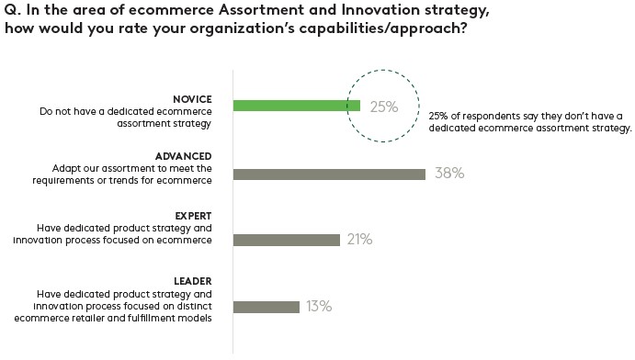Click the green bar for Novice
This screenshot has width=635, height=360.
[296, 106]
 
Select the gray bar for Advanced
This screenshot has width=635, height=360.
[329, 174]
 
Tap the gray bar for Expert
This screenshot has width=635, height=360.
[287, 240]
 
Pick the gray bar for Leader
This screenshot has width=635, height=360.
[266, 307]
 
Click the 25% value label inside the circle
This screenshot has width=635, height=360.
[383, 107]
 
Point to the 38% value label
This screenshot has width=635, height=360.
[448, 174]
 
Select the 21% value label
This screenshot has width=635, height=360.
[358, 240]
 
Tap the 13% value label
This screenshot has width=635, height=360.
[319, 307]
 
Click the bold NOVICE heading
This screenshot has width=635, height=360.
[192, 99]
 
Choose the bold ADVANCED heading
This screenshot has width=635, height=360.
[185, 156]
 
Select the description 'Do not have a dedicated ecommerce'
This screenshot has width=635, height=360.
[126, 111]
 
